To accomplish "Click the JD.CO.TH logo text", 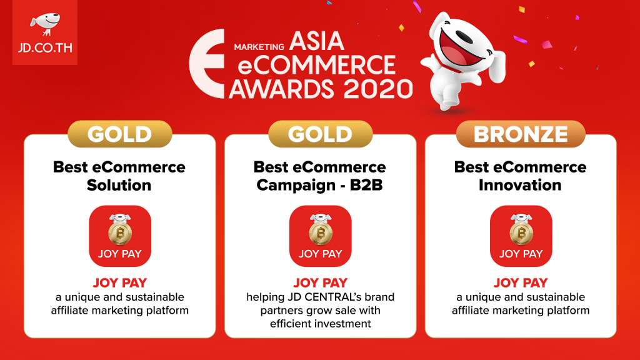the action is [45, 47].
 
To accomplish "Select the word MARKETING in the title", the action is [259, 47].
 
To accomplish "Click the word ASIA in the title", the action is [316, 41].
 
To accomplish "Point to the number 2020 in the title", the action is [378, 89].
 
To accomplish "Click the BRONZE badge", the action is [521, 134].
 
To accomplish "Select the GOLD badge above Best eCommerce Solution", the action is [119, 134].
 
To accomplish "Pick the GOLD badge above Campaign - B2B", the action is [321, 134].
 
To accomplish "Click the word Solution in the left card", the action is [119, 185].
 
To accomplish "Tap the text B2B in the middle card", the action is [366, 185].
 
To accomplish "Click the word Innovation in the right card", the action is [520, 185].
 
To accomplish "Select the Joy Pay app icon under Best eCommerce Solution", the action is [120, 236].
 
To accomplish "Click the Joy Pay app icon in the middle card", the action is [321, 236].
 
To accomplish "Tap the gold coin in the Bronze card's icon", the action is [521, 233].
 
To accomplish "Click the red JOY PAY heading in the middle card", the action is [321, 282].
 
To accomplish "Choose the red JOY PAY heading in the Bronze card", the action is [521, 282].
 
